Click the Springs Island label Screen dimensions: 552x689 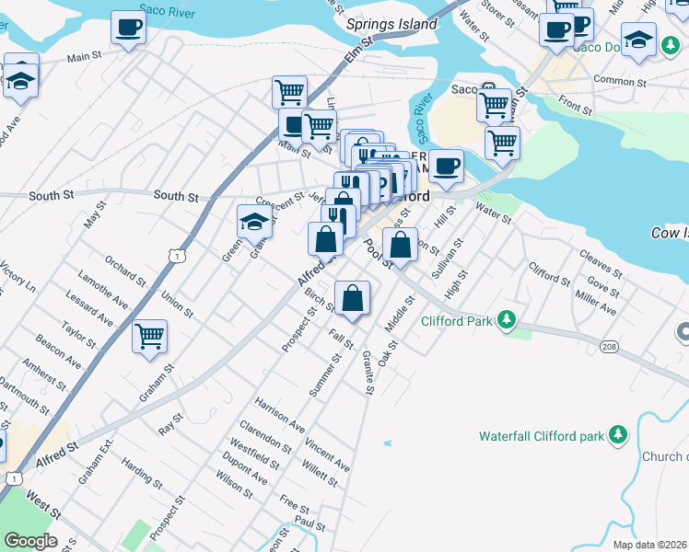pos(391,25)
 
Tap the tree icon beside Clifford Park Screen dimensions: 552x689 pos(505,320)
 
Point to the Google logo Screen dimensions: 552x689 pos(29,541)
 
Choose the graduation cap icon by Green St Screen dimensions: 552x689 pos(254,220)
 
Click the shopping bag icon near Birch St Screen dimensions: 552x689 pos(352,298)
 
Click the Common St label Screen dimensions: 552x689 pos(616,80)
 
